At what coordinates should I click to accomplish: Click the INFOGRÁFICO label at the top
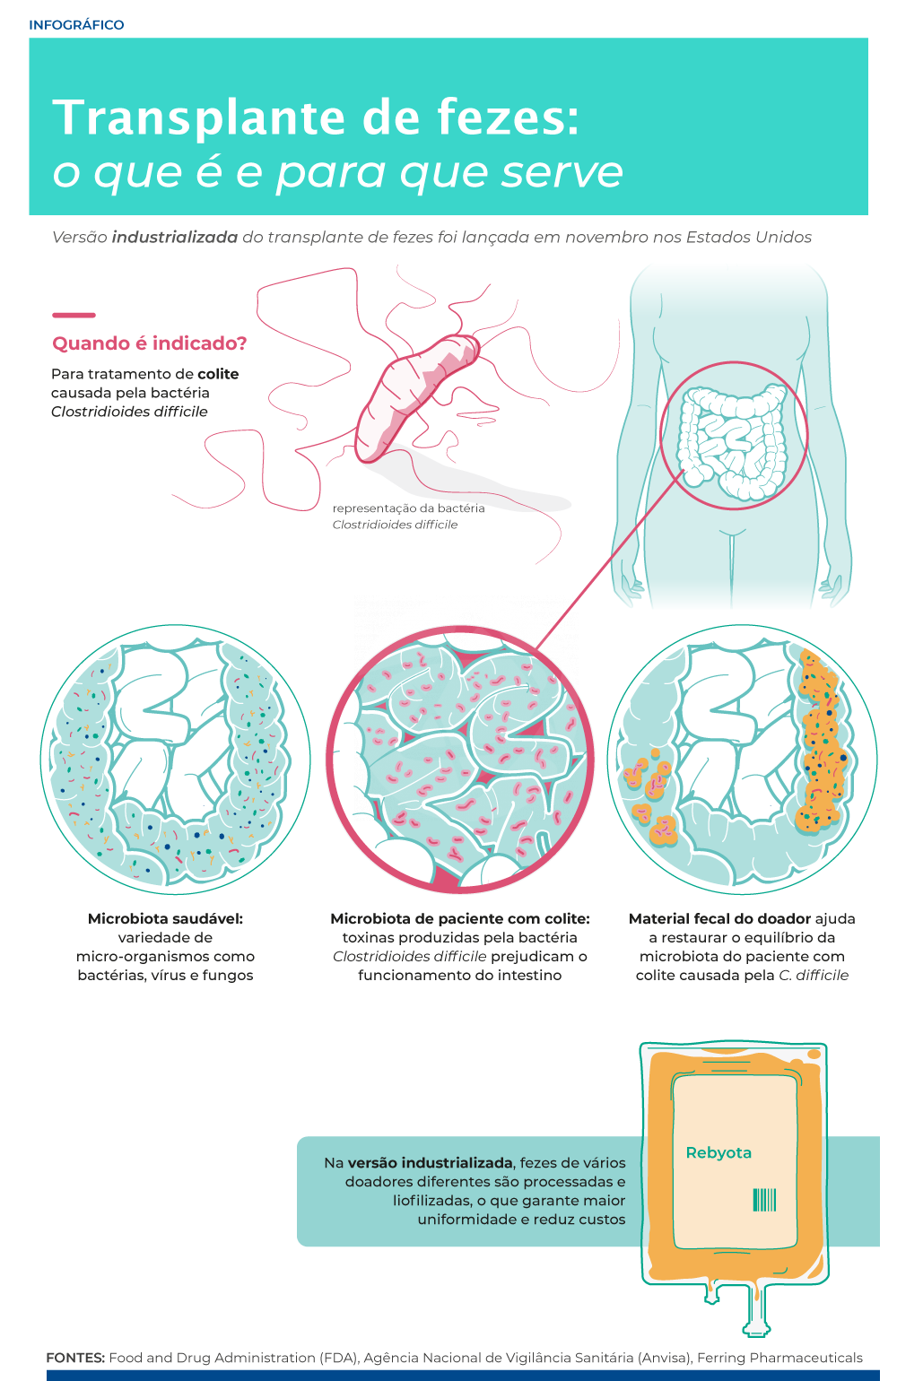tap(76, 25)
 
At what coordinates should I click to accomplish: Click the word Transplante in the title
tap(199, 118)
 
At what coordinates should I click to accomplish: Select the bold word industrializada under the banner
tap(175, 238)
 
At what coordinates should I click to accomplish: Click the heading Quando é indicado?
tap(149, 343)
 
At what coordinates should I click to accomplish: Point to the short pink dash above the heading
tap(74, 315)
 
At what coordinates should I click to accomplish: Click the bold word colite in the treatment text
tap(218, 374)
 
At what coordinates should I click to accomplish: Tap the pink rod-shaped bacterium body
tap(415, 396)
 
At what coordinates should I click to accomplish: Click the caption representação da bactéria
tap(408, 508)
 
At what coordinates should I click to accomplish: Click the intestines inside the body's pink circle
tap(733, 441)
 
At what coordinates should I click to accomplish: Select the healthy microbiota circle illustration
tap(175, 760)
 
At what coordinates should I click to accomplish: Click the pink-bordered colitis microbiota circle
tap(460, 760)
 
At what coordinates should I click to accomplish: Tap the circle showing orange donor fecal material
tap(742, 760)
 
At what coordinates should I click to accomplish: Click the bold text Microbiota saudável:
tap(165, 918)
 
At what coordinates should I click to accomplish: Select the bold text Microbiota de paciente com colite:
tap(460, 918)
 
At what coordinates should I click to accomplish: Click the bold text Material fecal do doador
tap(719, 918)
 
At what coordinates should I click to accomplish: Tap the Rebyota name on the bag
tap(718, 1152)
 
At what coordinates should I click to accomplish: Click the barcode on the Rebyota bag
tap(764, 1200)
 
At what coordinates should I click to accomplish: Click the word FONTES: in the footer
tap(76, 1358)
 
